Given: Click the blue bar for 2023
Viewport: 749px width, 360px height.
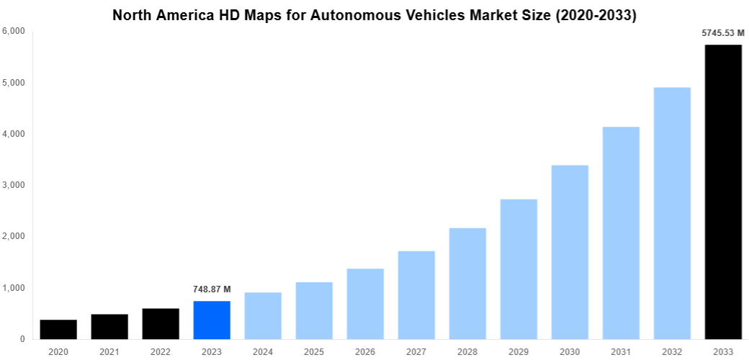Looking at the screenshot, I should (212, 320).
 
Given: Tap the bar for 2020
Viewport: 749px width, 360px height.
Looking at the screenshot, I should (58, 330).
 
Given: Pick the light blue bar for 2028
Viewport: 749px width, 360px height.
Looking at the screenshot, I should (467, 284).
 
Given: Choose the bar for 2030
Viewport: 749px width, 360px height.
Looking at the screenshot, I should (570, 252).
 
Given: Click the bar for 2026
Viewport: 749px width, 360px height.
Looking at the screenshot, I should (365, 304).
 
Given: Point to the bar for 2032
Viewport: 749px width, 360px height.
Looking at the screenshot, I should (672, 213).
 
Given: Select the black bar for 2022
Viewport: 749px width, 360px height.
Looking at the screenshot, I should (161, 324).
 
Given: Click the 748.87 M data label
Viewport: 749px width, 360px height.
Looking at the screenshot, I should (212, 289).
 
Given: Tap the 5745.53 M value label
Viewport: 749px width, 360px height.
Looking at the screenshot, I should (723, 32).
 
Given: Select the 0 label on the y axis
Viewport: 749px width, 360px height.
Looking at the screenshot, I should (22, 339).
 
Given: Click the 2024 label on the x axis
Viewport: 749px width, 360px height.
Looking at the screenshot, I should (263, 351).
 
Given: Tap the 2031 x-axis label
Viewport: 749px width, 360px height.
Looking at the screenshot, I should (621, 351).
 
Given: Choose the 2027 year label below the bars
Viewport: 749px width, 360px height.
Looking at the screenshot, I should (416, 351).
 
